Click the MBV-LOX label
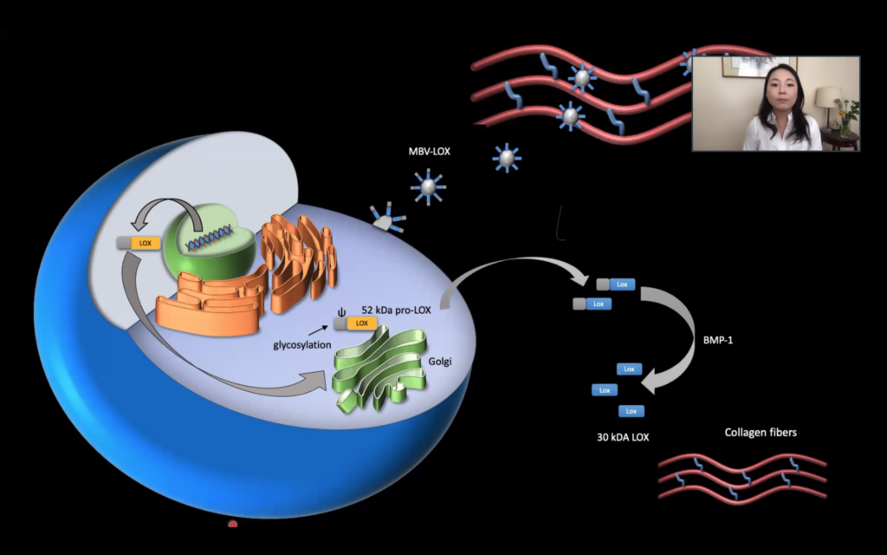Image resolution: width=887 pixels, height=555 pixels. (430, 152)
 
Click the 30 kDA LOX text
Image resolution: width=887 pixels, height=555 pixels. (617, 436)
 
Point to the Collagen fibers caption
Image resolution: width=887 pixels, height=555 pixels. (761, 432)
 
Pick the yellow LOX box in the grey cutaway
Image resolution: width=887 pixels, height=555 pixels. (144, 244)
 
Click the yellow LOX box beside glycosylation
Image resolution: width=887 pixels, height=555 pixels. (361, 323)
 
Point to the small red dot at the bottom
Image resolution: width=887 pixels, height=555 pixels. (232, 524)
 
